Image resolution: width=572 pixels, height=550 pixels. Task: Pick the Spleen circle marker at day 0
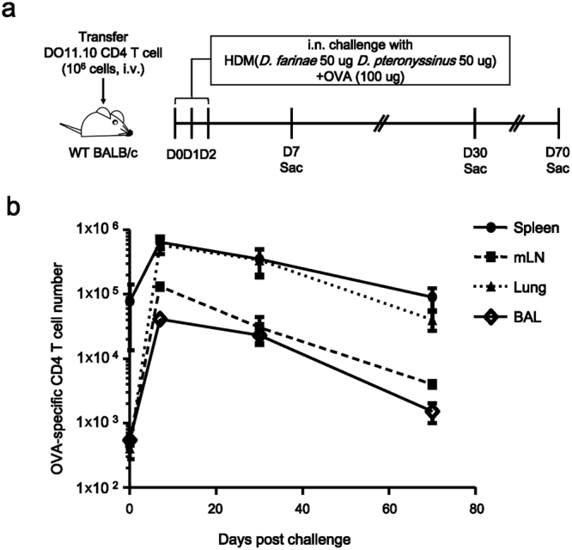[x=130, y=301]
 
